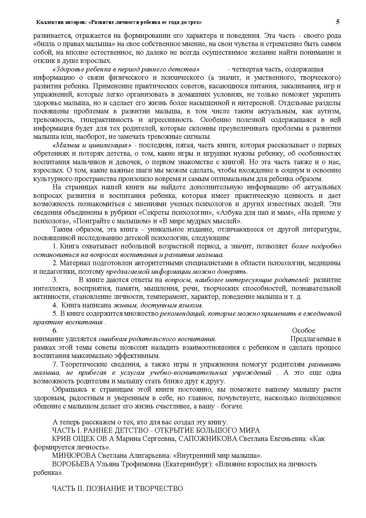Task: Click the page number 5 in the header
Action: coord(337,22)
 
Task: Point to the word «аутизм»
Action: coord(329,112)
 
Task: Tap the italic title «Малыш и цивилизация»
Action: coord(92,145)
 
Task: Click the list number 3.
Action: coord(55,280)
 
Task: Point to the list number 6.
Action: coord(55,331)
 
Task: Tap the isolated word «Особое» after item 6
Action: coord(303,331)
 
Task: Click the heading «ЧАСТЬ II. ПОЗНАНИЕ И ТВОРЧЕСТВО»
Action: coord(117,489)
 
